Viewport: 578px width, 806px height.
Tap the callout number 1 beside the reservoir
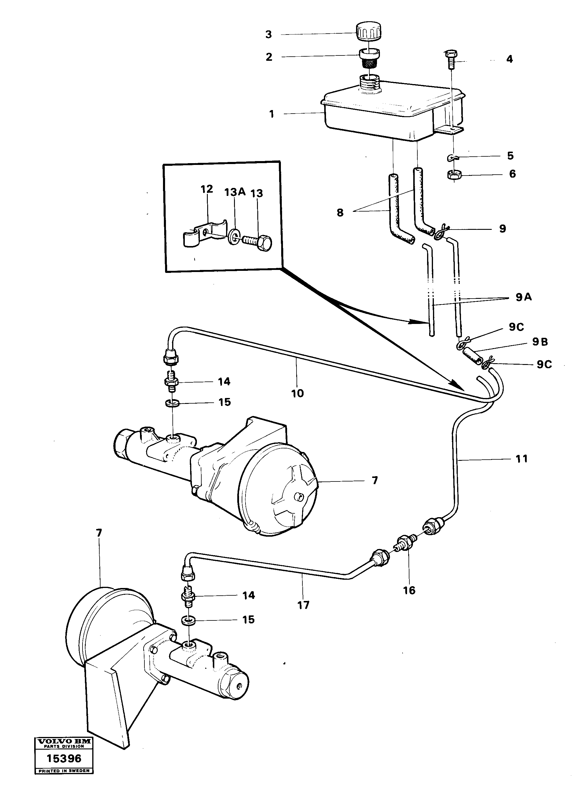tap(271, 114)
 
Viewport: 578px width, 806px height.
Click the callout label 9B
tap(540, 342)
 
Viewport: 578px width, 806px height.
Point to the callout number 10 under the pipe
tap(297, 393)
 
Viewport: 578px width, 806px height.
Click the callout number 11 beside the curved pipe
tap(521, 459)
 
